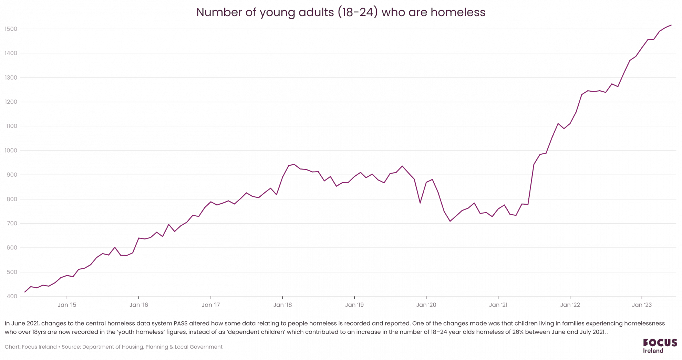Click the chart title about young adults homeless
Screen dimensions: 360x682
340,12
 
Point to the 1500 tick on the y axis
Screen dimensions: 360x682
11,29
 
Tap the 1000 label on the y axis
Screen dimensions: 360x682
11,151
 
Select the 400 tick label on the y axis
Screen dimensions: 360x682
11,296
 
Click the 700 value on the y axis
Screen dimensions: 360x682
11,224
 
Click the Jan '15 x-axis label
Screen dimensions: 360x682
67,305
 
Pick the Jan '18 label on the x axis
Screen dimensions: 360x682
282,305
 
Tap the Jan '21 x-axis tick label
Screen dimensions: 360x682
498,305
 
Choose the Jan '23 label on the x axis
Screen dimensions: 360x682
642,305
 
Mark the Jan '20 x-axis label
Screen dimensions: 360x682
426,305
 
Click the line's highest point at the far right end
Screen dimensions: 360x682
671,25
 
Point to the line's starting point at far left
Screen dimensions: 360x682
25,292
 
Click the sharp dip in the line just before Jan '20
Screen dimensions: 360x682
420,203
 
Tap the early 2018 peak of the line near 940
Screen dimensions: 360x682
294,164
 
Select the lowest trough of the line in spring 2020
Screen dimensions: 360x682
450,221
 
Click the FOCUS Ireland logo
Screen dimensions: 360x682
660,346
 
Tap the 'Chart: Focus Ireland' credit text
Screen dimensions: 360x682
31,347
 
